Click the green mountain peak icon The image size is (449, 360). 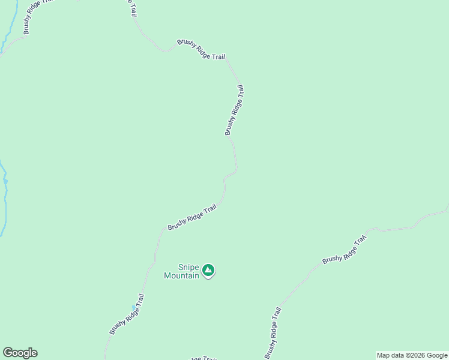point(208,271)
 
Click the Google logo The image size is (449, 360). point(20,353)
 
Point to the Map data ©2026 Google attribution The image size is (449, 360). point(412,355)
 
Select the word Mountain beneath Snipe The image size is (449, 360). point(181,276)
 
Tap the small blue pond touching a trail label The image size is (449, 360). point(134,308)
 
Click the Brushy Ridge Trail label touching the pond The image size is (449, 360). point(127,314)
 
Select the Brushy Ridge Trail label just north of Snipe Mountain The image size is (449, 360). point(192,217)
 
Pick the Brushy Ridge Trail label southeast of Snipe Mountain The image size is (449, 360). point(273,333)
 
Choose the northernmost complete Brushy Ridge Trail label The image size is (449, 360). point(201,49)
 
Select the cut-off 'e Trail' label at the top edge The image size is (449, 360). point(131,7)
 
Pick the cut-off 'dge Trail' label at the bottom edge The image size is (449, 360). point(203,358)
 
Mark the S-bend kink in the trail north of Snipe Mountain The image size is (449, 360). point(230,175)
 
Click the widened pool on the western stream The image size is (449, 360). point(5,181)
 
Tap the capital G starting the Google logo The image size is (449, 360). point(8,353)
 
